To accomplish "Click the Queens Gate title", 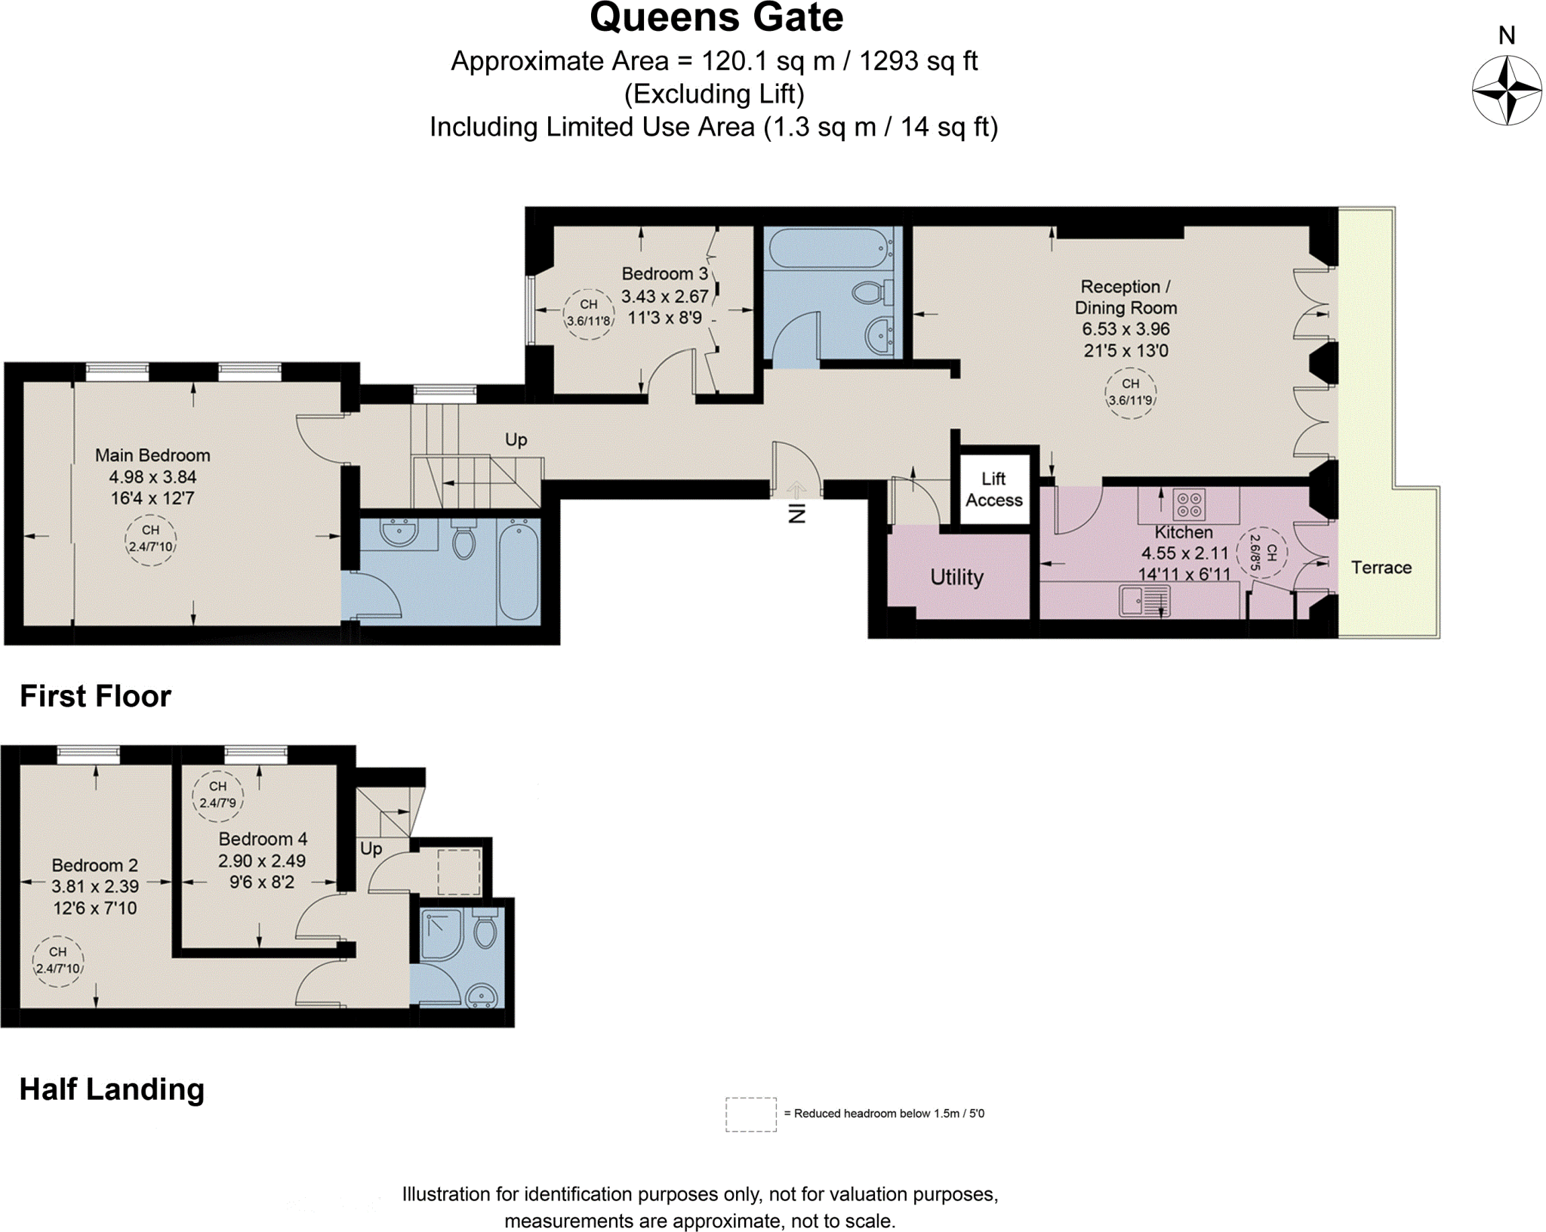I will click(x=716, y=18).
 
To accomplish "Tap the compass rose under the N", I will click(x=1507, y=91).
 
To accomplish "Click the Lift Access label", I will click(x=993, y=489).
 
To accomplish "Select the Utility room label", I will click(x=956, y=577).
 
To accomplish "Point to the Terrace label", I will click(x=1381, y=568).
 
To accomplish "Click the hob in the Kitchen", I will click(x=1189, y=504).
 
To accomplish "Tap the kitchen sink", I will click(x=1144, y=602).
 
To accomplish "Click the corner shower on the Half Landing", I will click(x=441, y=935).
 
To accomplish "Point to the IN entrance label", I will click(x=797, y=513).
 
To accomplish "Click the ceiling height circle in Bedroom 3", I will click(x=589, y=313).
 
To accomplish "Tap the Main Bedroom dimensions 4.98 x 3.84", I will click(x=152, y=477).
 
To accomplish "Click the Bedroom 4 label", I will click(x=263, y=839).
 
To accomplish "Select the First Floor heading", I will click(x=95, y=696).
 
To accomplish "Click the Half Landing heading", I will click(x=112, y=1089).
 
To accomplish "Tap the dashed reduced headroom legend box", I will click(x=750, y=1114).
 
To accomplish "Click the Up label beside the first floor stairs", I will click(x=516, y=439).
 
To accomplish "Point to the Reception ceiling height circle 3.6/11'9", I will click(x=1129, y=393).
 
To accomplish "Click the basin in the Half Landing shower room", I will click(x=482, y=995).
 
